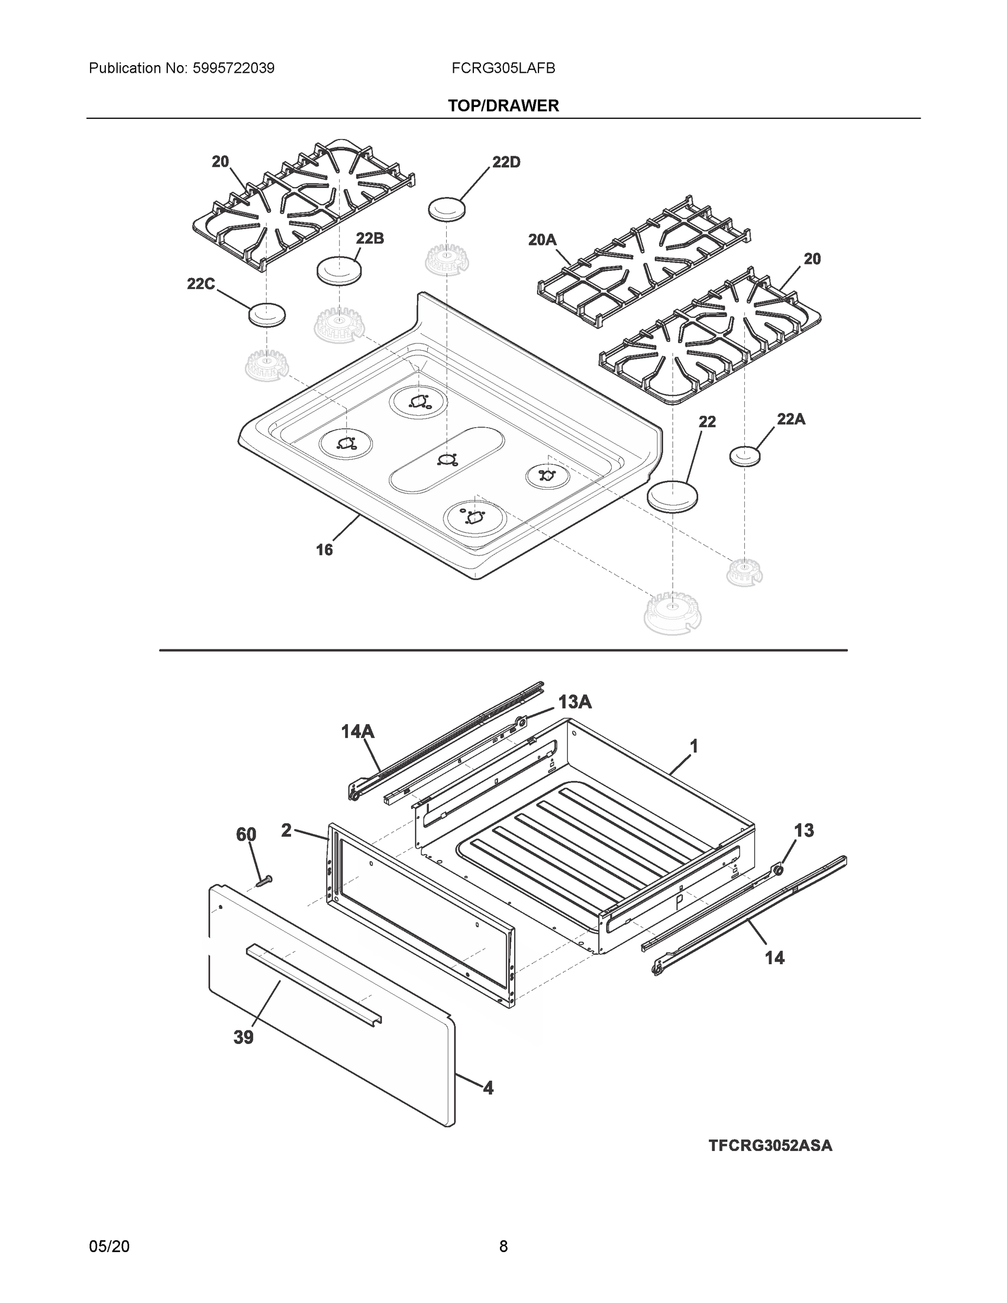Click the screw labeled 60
[263, 880]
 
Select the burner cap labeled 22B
[339, 271]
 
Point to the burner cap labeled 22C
[267, 314]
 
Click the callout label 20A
[542, 240]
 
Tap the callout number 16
[324, 549]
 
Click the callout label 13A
[574, 702]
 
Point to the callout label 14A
[357, 731]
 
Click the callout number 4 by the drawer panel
[488, 1088]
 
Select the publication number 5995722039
[233, 68]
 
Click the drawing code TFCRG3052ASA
[770, 1146]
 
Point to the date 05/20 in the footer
[109, 1247]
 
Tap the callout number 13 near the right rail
[803, 831]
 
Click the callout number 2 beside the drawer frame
[286, 830]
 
